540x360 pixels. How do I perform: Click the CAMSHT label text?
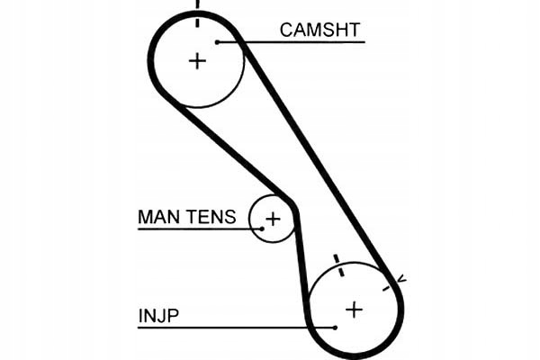click(x=321, y=30)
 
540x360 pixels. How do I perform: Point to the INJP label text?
click(x=157, y=316)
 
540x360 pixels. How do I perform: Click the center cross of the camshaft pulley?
click(x=197, y=60)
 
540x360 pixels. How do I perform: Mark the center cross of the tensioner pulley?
click(x=273, y=219)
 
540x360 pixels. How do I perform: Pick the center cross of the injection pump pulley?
click(x=355, y=309)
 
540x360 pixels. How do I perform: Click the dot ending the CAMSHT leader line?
click(x=218, y=41)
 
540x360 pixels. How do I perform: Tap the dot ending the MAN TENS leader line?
click(x=261, y=229)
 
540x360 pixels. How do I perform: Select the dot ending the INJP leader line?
click(x=335, y=327)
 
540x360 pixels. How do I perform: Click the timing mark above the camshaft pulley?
click(x=197, y=6)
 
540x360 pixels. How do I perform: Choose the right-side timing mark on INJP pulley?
click(x=388, y=287)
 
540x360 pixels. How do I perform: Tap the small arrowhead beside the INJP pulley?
click(x=400, y=280)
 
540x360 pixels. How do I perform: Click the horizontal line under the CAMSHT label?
click(x=297, y=41)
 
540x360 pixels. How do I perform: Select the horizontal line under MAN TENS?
click(x=198, y=229)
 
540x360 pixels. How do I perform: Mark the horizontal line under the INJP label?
click(x=234, y=327)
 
